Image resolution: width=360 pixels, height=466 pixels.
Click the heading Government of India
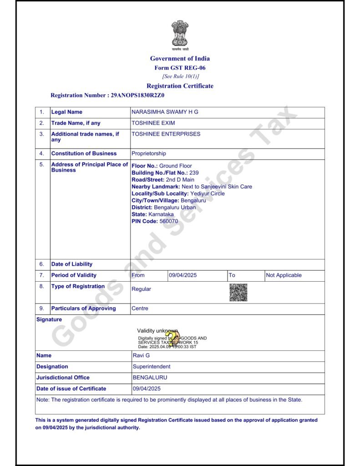[x=180, y=58]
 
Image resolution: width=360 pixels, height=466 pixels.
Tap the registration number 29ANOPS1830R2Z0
[x=137, y=96]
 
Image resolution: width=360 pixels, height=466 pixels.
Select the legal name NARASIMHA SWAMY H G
[x=165, y=112]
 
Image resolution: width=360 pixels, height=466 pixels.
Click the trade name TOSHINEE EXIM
[x=153, y=123]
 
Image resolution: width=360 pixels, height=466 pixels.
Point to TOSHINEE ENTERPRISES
[x=166, y=134]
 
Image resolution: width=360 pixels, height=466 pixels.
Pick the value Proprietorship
[x=149, y=153]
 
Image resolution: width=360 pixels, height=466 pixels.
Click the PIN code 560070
[x=168, y=221]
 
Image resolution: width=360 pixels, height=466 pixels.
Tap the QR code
[x=238, y=292]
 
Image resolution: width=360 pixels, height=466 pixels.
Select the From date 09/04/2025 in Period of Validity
[x=183, y=275]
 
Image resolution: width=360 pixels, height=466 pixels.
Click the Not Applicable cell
[x=284, y=275]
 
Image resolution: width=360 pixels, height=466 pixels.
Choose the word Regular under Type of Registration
[x=141, y=289]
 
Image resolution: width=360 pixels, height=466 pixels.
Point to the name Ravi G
[x=141, y=355]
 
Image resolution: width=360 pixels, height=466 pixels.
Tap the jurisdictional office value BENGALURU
[x=150, y=377]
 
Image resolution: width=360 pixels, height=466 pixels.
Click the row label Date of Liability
[x=71, y=264]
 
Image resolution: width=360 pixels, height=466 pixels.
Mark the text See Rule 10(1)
[x=180, y=76]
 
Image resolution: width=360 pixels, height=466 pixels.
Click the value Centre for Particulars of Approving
[x=140, y=309]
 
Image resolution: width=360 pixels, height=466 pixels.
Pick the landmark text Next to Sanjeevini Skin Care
[x=217, y=187]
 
